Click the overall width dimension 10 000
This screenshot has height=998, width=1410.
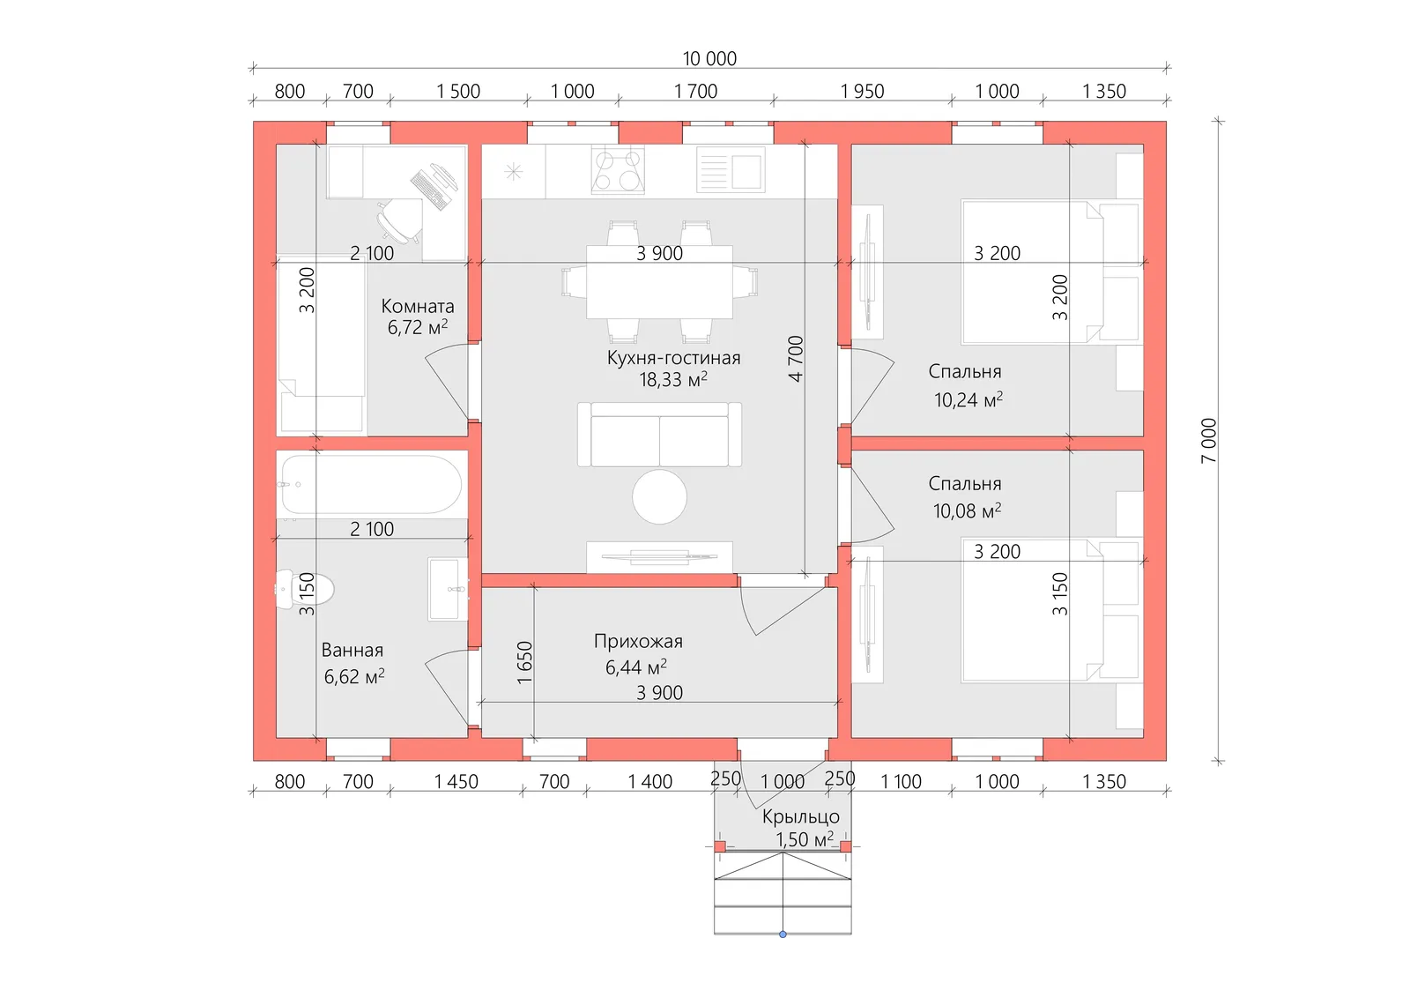(x=709, y=58)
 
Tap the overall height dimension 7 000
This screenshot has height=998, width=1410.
(x=1208, y=440)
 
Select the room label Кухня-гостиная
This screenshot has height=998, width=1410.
(x=673, y=358)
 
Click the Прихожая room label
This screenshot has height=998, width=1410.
(x=638, y=642)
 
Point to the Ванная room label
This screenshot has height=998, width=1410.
(x=352, y=651)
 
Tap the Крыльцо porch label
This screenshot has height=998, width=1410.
(x=800, y=817)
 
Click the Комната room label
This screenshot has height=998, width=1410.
(x=418, y=307)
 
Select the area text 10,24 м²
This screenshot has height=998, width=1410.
(x=968, y=400)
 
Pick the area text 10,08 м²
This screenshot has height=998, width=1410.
(x=967, y=511)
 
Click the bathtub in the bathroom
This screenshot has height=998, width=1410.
(x=371, y=484)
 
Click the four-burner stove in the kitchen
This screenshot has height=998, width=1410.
(x=617, y=171)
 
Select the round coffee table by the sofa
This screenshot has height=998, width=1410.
(x=659, y=496)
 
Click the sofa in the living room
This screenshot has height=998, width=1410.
(x=659, y=435)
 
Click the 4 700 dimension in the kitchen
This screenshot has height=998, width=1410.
(x=796, y=358)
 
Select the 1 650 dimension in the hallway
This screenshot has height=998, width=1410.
(x=524, y=663)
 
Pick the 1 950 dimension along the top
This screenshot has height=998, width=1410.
(x=862, y=91)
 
